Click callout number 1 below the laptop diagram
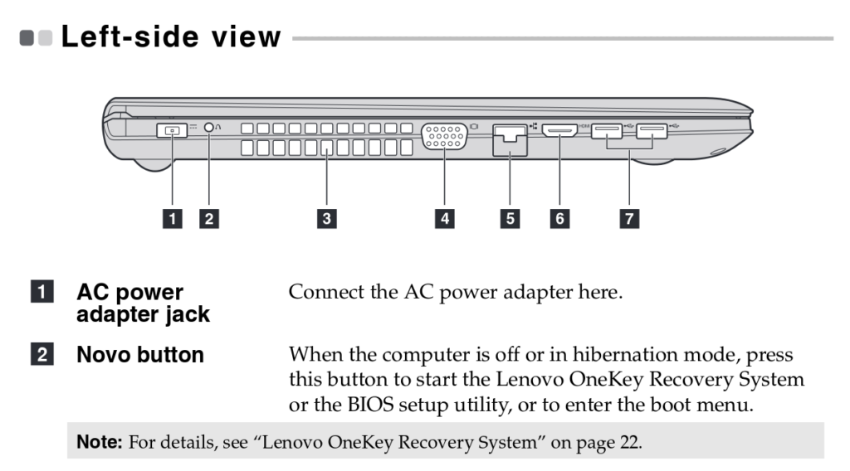point(173,219)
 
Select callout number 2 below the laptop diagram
point(210,219)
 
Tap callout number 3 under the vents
point(328,219)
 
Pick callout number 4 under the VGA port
point(446,219)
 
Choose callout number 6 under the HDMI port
point(560,219)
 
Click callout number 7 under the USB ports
point(630,219)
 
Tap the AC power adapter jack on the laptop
point(172,130)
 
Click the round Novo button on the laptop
point(209,129)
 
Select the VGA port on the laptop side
point(444,136)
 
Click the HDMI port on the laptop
point(560,130)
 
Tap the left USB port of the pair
point(608,130)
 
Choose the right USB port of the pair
point(652,130)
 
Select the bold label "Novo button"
point(140,355)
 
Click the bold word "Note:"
point(100,442)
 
